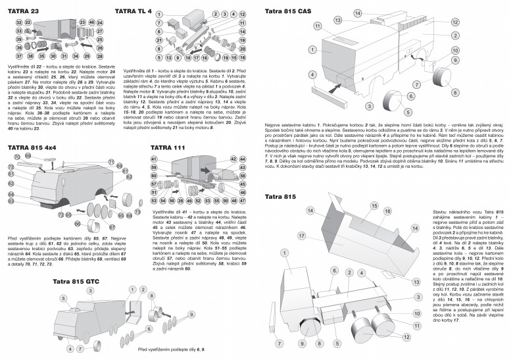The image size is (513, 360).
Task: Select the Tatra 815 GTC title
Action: (78, 281)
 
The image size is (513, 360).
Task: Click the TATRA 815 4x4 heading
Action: (32, 148)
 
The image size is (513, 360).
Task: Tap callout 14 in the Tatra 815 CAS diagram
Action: (357, 13)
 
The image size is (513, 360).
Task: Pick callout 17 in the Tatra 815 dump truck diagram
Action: (301, 234)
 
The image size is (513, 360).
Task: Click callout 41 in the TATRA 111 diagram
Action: (155, 159)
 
